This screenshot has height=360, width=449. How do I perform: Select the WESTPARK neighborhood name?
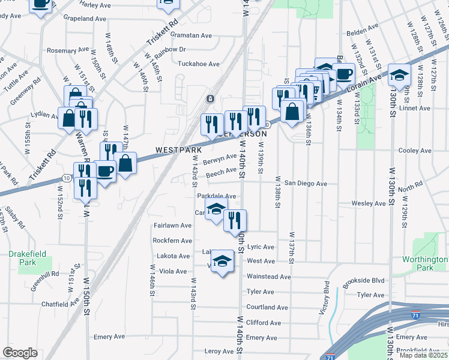point(178,149)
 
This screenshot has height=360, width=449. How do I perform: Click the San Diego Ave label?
point(306,183)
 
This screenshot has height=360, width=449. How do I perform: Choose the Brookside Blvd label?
point(376,280)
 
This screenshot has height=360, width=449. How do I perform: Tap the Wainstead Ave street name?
point(269,277)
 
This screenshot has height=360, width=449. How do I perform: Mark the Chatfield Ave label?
point(61,304)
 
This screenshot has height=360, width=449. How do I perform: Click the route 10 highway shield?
point(64,178)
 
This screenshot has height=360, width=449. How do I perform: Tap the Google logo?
point(20,353)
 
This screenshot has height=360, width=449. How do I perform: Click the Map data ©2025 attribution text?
point(423,355)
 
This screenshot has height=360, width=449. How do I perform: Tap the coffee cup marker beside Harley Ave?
point(41,5)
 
